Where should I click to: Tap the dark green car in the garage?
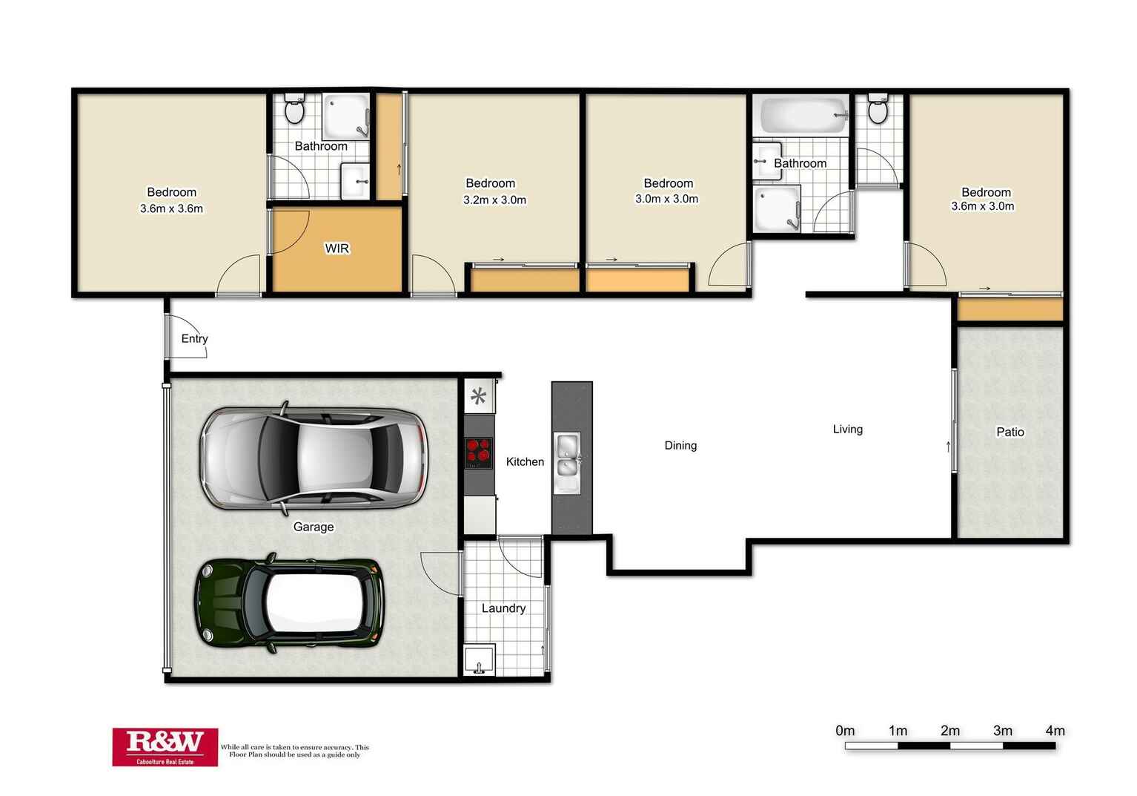tap(289, 603)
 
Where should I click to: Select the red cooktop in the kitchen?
tap(478, 453)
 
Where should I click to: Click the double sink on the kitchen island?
tap(568, 463)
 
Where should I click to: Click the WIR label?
tap(337, 249)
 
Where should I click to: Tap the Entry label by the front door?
tap(194, 339)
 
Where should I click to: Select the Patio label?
tap(1010, 432)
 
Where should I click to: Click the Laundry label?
tap(503, 608)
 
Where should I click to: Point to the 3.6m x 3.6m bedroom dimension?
tap(171, 208)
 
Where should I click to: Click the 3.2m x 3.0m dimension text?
tap(494, 200)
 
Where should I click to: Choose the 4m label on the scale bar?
tap(1055, 731)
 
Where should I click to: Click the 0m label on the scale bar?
tap(845, 731)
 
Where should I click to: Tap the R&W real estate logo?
tap(165, 747)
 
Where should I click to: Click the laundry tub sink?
tap(479, 660)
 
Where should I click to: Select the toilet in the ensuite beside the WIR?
tap(294, 108)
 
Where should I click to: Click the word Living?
tap(848, 430)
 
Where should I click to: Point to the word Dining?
tap(680, 446)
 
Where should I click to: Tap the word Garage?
tap(314, 527)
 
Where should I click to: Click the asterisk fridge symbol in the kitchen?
tap(478, 395)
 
